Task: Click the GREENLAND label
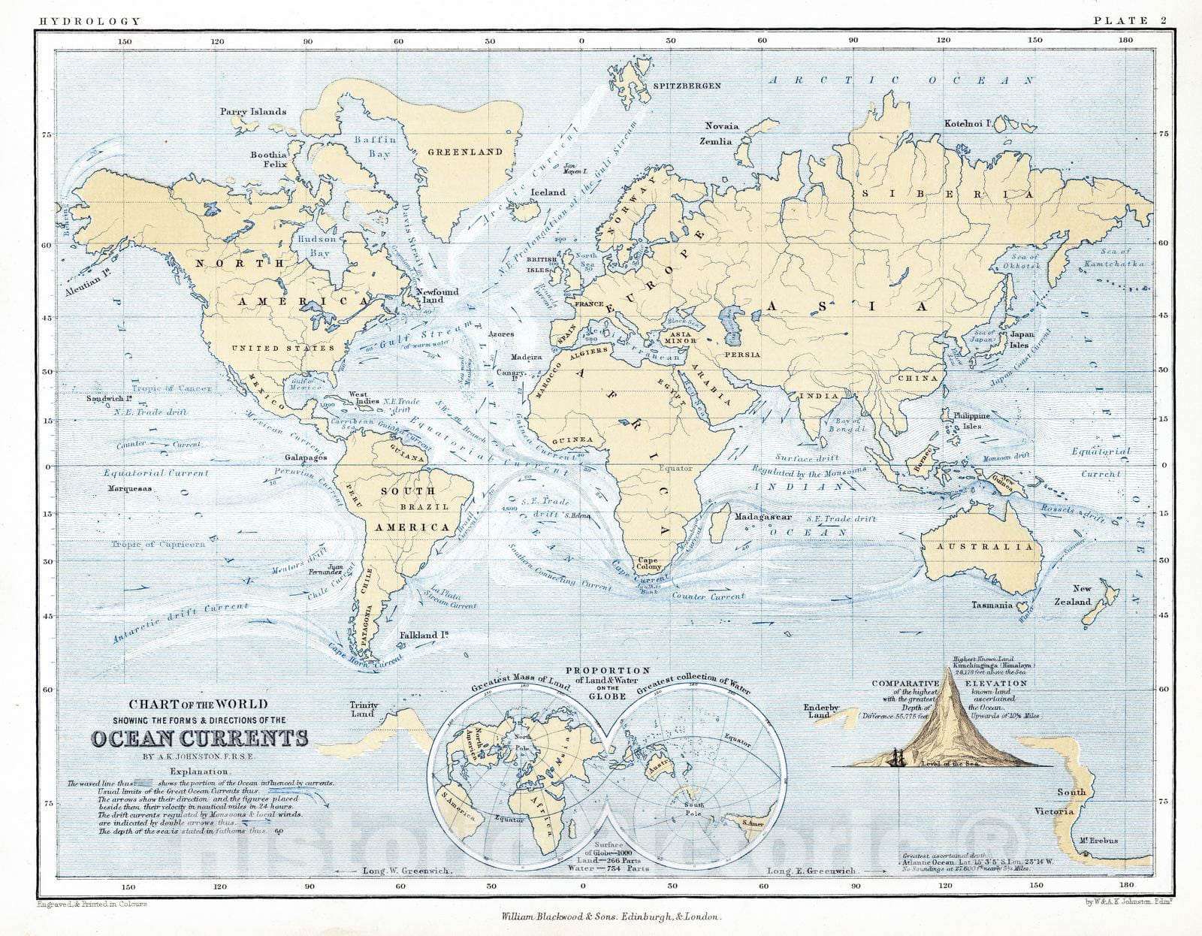pos(465,152)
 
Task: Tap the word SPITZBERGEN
pos(687,86)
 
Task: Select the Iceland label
pos(548,192)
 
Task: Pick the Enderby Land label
pos(820,711)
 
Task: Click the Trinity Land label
pos(364,709)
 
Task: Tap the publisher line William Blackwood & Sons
pos(603,917)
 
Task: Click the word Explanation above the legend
pos(201,771)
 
